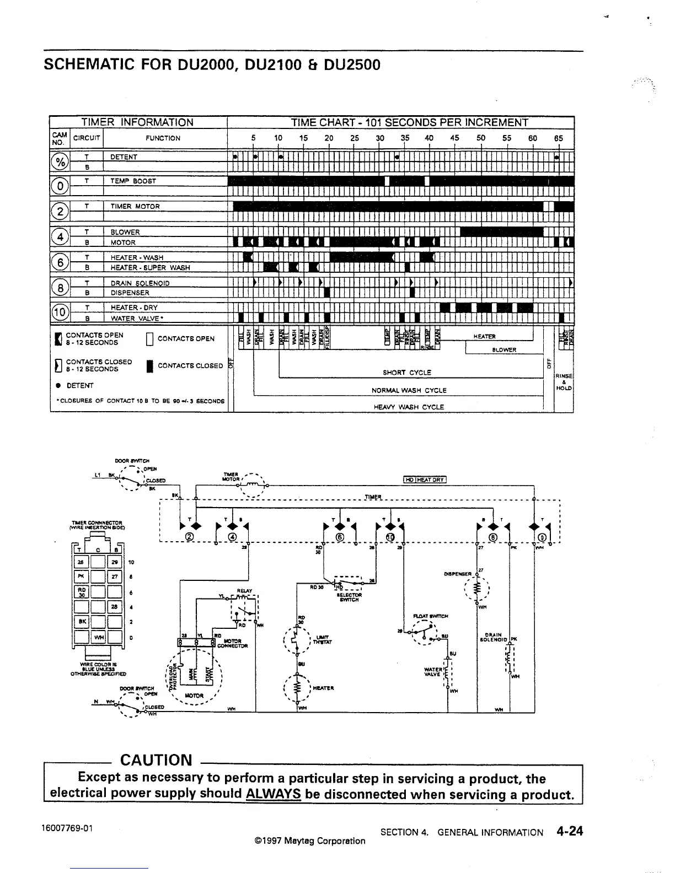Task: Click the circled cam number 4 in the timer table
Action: [x=59, y=237]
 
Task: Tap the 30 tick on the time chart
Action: [x=379, y=138]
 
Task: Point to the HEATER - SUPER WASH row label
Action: [x=150, y=267]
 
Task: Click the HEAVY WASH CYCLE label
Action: [x=409, y=407]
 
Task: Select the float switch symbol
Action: [x=425, y=632]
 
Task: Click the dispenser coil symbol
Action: [x=478, y=589]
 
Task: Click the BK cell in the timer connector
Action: [x=81, y=622]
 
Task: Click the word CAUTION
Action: [x=156, y=761]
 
